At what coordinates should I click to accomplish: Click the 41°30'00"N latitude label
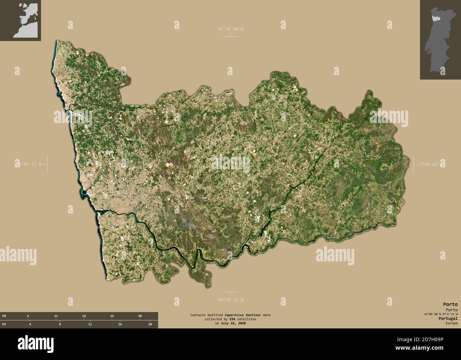tap(230, 29)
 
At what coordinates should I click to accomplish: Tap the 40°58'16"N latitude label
tap(230, 300)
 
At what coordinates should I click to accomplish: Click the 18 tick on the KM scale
tap(84, 316)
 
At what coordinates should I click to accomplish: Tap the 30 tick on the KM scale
tap(140, 316)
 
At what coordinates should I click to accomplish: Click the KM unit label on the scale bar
tap(4, 316)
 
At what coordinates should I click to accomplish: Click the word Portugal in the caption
tap(448, 319)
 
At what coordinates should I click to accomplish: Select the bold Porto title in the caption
tap(450, 304)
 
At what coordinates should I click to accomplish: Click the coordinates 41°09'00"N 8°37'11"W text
tap(440, 314)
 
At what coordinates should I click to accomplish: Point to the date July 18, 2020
tap(233, 323)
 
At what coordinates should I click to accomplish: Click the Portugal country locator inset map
tap(440, 40)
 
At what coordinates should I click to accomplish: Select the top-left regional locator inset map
tap(21, 21)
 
